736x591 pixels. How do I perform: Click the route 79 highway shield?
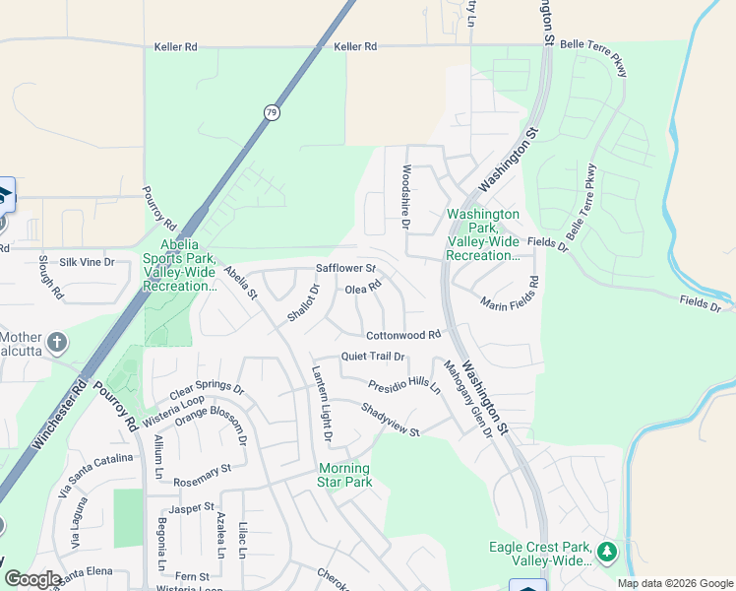coord(271,112)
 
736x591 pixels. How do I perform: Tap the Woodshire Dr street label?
coord(404,196)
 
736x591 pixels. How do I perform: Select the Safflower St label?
coord(345,268)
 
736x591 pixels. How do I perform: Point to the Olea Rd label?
coord(362,289)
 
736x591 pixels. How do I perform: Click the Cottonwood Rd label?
coord(403,336)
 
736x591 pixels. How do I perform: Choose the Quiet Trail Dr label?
coord(373,357)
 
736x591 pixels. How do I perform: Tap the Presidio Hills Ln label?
coord(404,385)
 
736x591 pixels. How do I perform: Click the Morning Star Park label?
coord(344,475)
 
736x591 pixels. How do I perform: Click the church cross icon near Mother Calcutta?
coord(57,343)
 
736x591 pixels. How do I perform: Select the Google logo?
coord(31,579)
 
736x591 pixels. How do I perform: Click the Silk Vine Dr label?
coord(87,262)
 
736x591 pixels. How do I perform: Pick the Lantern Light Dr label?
coord(322,404)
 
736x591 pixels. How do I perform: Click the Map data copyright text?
coord(674,583)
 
